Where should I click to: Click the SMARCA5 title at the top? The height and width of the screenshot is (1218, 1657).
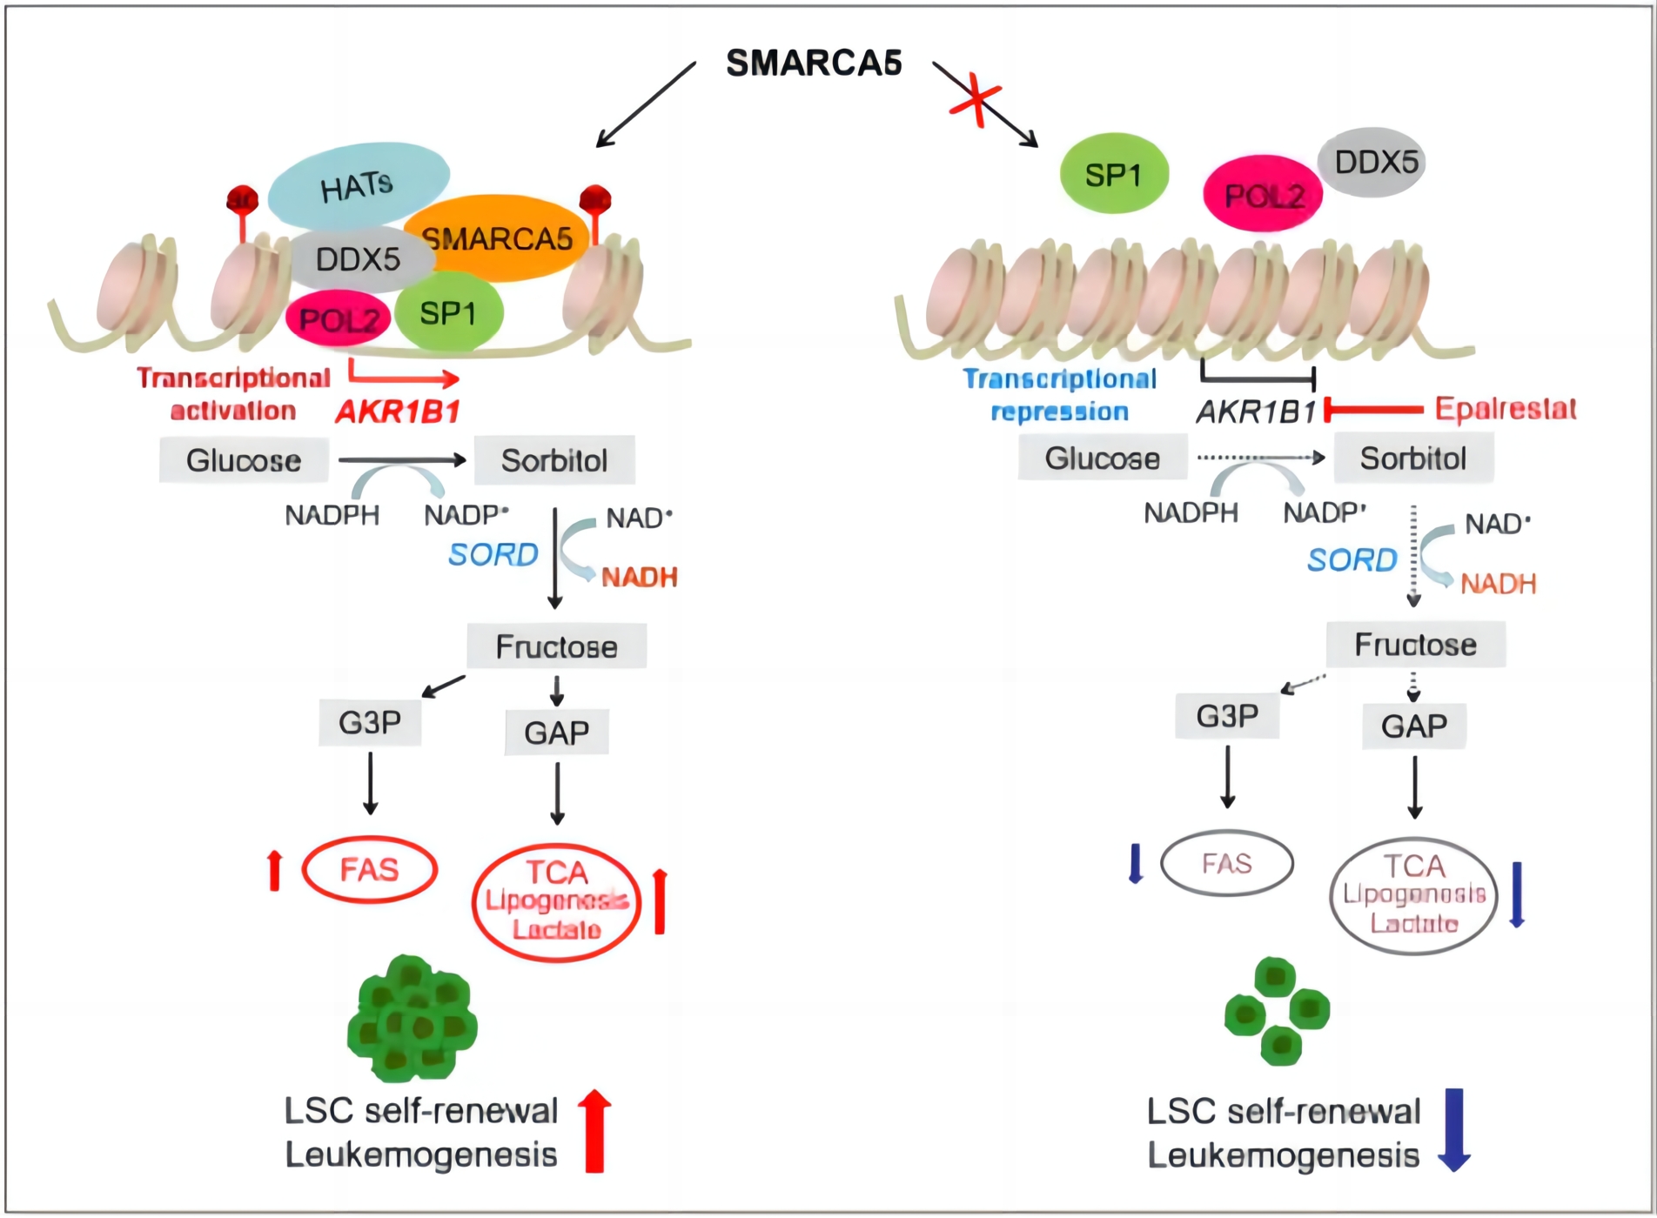pos(814,63)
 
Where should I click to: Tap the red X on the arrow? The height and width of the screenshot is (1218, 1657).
pos(976,101)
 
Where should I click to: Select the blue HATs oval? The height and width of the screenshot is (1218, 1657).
pos(358,184)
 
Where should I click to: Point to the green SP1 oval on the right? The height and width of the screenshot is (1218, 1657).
pos(1113,174)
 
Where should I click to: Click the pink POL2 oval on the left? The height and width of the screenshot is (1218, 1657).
pos(338,320)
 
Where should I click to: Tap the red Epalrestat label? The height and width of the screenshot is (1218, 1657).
pos(1505,408)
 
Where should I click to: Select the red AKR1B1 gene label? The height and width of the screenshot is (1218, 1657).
pos(398,411)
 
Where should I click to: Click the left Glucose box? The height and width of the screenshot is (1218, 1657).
pos(244,460)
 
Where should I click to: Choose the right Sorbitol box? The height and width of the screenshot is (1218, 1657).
pos(1413,458)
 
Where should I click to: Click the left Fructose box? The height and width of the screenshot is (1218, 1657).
pos(557,646)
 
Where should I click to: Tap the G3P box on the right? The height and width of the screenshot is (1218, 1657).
pos(1227,716)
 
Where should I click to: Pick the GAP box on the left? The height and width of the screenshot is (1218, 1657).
pos(557,733)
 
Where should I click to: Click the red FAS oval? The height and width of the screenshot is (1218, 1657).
pos(369,869)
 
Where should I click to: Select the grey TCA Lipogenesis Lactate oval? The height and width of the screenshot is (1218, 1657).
pos(1413,895)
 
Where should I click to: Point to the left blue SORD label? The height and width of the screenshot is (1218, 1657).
pos(493,554)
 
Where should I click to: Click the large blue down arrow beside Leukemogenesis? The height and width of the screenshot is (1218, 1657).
pos(1453,1129)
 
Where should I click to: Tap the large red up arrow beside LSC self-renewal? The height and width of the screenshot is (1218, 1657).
pos(594,1130)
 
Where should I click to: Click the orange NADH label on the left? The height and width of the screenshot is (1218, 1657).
pos(640,577)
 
